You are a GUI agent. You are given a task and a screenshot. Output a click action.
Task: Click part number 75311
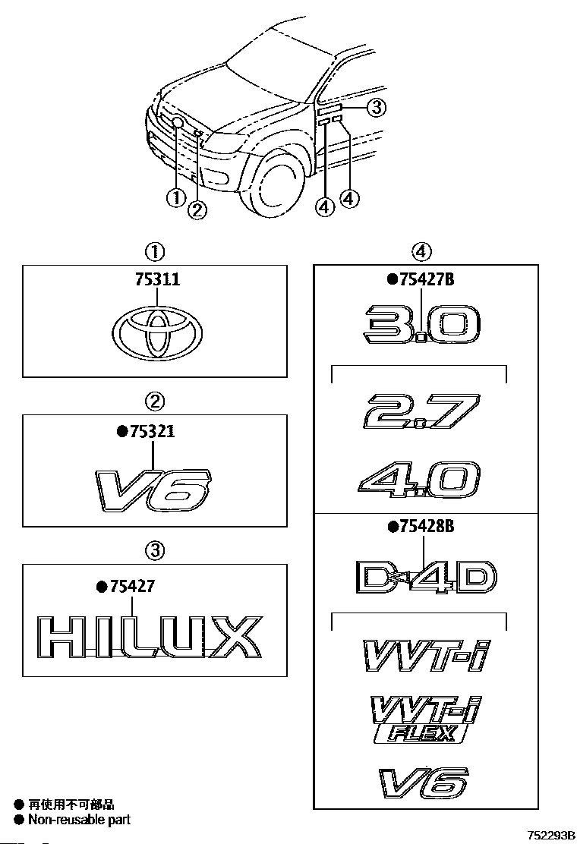pos(157,279)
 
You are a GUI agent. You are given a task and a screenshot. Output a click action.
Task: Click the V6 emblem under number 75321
pos(154,489)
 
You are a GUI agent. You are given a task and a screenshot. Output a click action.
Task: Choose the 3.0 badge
pos(421,324)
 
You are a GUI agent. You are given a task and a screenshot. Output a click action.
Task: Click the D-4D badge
pos(426,577)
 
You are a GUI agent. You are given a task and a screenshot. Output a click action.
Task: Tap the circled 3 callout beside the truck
pos(377,108)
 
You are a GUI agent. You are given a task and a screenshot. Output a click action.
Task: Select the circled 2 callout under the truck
pos(197,209)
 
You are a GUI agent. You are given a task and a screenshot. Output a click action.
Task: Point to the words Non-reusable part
pos(79,820)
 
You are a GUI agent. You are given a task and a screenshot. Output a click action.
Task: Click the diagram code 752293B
pos(548,835)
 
